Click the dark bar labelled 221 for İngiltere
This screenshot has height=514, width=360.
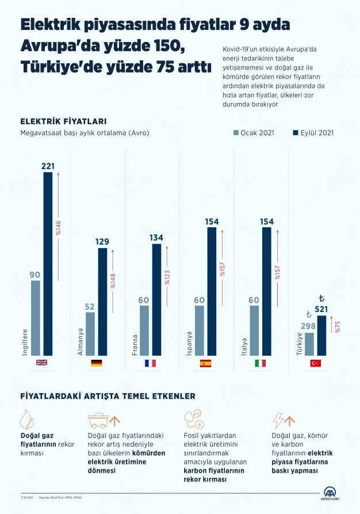click(48, 263)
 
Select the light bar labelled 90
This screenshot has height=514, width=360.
click(36, 317)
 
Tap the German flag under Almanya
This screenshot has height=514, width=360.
click(96, 363)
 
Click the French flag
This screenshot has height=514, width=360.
click(151, 363)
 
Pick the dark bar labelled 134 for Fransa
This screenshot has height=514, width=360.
click(157, 299)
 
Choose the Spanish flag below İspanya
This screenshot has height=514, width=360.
click(206, 363)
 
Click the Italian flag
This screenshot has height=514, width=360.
click(261, 363)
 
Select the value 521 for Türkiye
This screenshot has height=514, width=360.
click(321, 310)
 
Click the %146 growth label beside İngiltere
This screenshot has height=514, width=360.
click(59, 227)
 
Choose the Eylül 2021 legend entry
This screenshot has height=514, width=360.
click(313, 132)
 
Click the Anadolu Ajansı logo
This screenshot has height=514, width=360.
click(331, 495)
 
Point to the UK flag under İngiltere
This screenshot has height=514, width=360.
click(41, 363)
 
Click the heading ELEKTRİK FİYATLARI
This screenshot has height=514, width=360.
click(63, 121)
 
